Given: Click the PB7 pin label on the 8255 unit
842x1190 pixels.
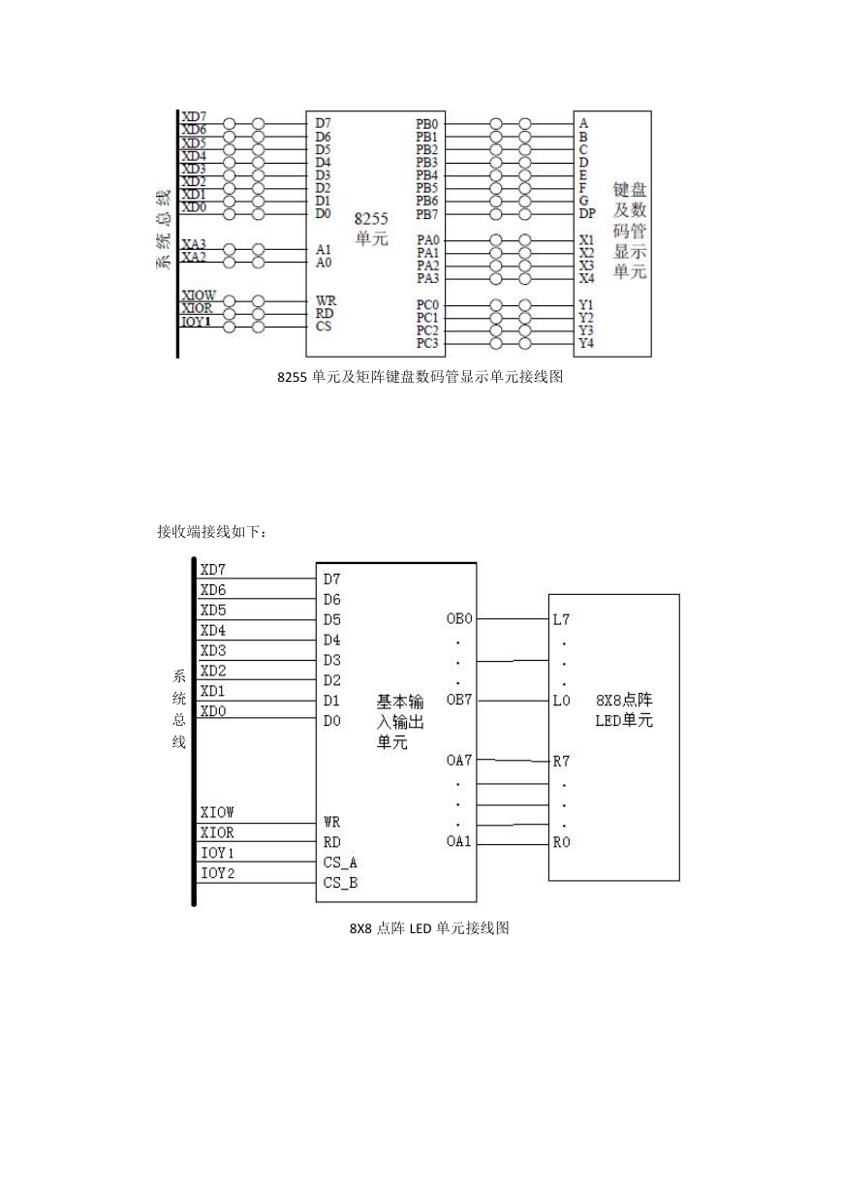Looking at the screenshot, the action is (427, 214).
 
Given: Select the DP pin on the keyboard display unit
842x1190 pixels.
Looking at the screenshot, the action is (587, 213).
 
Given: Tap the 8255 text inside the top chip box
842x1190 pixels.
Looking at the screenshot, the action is (371, 219).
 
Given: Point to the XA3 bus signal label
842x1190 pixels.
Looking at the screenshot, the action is (194, 244).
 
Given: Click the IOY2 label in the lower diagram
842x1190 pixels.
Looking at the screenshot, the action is (217, 873).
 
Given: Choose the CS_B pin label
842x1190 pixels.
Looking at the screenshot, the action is (340, 883).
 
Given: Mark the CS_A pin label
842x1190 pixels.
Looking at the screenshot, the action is (340, 862).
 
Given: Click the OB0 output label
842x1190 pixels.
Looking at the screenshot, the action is (459, 619).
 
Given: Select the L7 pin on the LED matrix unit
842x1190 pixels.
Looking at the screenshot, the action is (561, 619).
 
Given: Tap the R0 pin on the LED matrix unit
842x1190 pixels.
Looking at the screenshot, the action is (562, 842).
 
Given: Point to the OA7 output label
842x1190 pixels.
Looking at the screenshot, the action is (459, 760).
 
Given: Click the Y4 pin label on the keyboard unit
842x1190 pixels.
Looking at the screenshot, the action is (586, 343).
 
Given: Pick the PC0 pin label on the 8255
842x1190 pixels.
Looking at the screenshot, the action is (427, 305).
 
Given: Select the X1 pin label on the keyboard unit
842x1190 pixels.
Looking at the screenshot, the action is (586, 240).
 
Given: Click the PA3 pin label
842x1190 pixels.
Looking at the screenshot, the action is (427, 278).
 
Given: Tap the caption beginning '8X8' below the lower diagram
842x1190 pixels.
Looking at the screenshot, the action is (429, 928).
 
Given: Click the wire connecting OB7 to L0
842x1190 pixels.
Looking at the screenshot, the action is (513, 701).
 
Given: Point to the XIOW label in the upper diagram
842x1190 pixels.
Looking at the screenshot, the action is (199, 296).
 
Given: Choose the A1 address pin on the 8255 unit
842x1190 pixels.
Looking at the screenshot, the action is (324, 249).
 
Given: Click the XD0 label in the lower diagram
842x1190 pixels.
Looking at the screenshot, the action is (213, 711).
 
